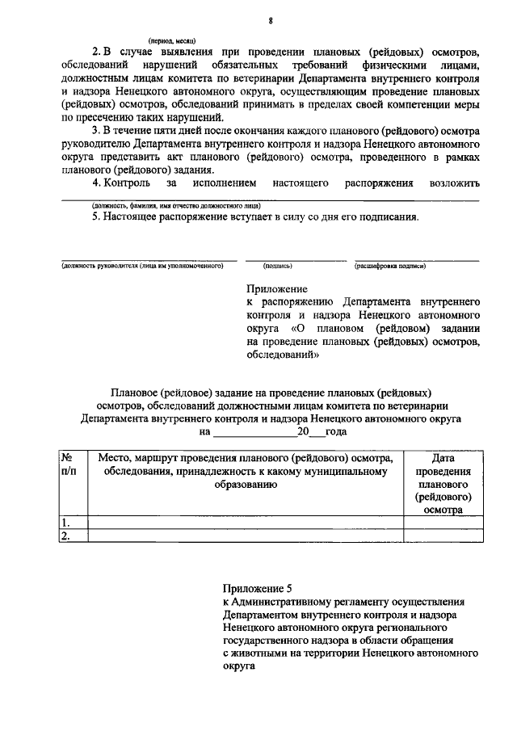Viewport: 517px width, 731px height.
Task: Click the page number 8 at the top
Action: [x=271, y=20]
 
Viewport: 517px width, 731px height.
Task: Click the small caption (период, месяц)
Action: [x=170, y=40]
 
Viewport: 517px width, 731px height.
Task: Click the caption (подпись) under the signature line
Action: [x=277, y=266]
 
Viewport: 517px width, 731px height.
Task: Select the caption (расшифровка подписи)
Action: [x=390, y=266]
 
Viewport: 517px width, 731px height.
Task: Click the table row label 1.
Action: [x=66, y=522]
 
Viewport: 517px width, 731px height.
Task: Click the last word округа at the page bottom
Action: [x=239, y=667]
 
